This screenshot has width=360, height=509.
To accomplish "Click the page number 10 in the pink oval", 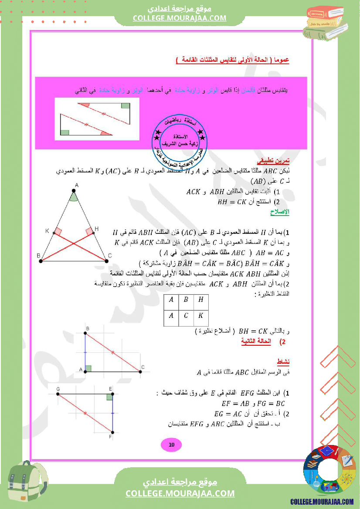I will click(x=171, y=445).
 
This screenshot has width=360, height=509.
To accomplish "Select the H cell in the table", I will click(x=200, y=300).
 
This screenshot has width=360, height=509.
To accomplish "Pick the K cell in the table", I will click(x=200, y=316).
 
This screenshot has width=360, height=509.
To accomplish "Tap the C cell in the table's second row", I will click(x=186, y=316).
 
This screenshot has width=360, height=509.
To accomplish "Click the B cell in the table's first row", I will click(x=186, y=300).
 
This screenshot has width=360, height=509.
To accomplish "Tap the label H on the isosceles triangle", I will click(x=96, y=229).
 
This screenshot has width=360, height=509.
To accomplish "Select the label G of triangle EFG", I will click(x=58, y=388).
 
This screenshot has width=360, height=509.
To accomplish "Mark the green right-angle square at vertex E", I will click(x=109, y=397).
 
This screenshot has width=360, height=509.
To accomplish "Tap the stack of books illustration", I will click(x=328, y=23).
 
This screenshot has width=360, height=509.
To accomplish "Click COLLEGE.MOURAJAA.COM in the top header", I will click(x=180, y=18).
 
